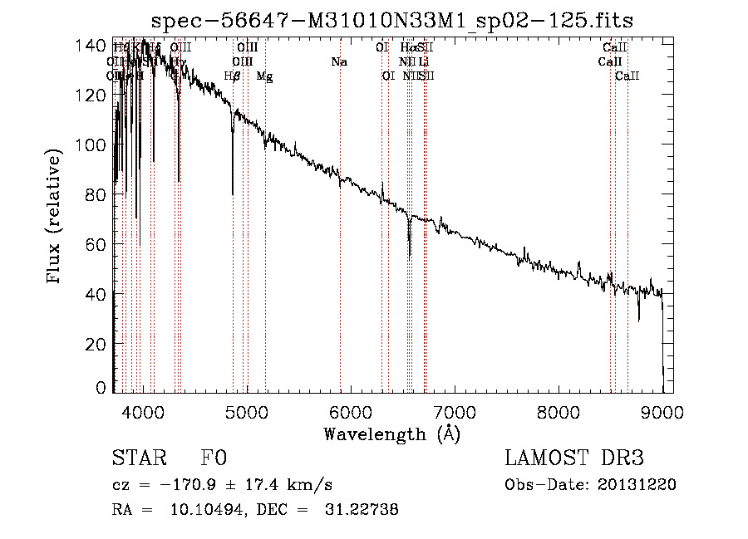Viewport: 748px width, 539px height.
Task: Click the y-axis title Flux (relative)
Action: coord(56,218)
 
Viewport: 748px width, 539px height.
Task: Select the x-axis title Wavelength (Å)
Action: coord(391,434)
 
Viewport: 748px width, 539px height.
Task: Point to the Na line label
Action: coord(339,61)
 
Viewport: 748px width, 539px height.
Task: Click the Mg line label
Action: coord(264,76)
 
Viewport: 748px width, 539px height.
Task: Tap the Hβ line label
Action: coord(233,76)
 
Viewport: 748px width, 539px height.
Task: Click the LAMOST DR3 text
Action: coord(574,458)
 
